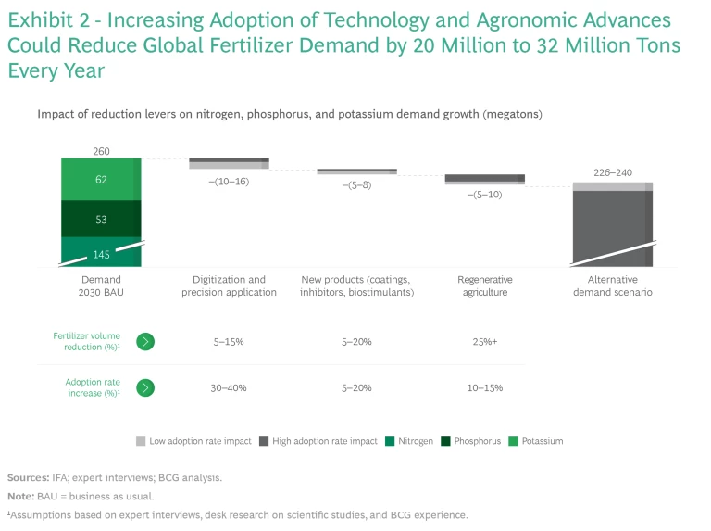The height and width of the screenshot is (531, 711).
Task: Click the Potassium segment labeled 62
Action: click(x=101, y=180)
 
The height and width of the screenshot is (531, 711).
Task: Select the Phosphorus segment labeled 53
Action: click(x=101, y=219)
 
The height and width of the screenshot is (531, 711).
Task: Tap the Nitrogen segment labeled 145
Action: click(x=101, y=253)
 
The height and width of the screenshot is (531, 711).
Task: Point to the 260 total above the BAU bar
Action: click(x=101, y=151)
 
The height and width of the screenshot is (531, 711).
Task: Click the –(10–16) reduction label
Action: click(x=228, y=182)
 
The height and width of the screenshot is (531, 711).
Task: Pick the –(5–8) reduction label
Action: click(x=356, y=185)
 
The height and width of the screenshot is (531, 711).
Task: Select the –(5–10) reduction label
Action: click(x=484, y=195)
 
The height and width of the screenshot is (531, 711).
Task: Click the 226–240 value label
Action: click(x=612, y=172)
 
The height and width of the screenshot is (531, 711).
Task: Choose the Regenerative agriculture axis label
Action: click(x=484, y=285)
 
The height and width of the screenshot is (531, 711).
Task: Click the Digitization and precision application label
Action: click(x=228, y=285)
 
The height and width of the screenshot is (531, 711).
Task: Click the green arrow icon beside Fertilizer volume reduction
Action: click(x=145, y=341)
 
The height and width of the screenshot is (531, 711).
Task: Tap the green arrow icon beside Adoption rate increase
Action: click(x=145, y=387)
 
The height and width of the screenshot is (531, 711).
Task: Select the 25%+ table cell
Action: click(x=484, y=341)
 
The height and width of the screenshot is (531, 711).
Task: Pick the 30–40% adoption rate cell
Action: click(x=228, y=387)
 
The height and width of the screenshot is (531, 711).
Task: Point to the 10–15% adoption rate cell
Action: click(x=484, y=387)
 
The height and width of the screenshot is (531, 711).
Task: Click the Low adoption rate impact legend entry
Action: click(x=193, y=441)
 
